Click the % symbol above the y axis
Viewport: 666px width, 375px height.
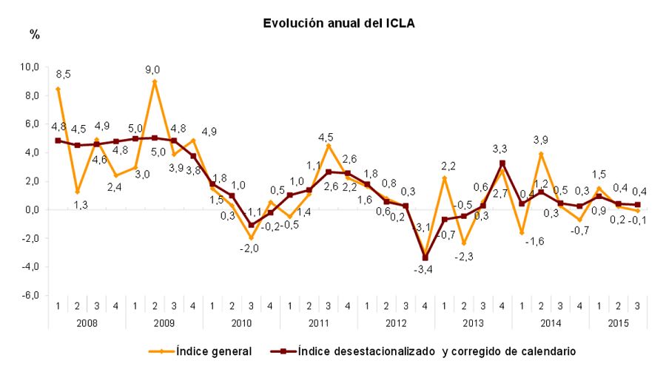(x=34, y=35)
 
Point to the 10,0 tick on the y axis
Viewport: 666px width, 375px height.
(x=29, y=67)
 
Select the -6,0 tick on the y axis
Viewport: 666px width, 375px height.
(x=30, y=296)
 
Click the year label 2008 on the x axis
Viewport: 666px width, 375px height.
(x=87, y=322)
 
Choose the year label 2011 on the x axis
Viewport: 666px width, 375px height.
(x=318, y=322)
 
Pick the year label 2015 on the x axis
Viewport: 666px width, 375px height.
(x=618, y=322)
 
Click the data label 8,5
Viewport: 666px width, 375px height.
(x=64, y=74)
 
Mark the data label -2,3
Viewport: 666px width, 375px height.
(x=462, y=256)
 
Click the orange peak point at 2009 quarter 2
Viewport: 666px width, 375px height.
(x=155, y=81)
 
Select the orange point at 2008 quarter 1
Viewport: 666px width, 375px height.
(x=58, y=89)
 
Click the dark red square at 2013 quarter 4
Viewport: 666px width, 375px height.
(x=502, y=163)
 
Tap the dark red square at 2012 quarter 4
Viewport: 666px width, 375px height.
(x=425, y=258)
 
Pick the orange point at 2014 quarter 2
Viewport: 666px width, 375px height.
(x=541, y=154)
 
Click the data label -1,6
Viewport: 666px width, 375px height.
(x=523, y=240)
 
